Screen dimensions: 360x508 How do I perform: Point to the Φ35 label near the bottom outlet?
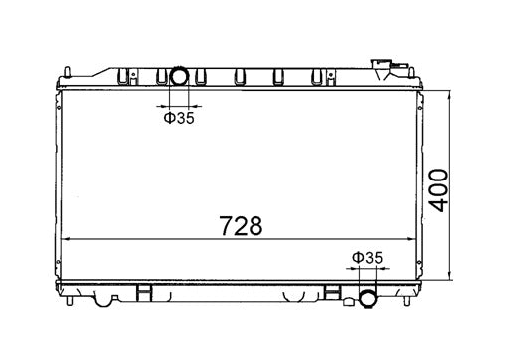[367, 258]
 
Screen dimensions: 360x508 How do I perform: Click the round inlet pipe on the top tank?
[180, 76]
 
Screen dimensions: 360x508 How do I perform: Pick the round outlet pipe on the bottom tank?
[367, 297]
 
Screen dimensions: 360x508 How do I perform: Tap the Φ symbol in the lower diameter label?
[357, 258]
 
